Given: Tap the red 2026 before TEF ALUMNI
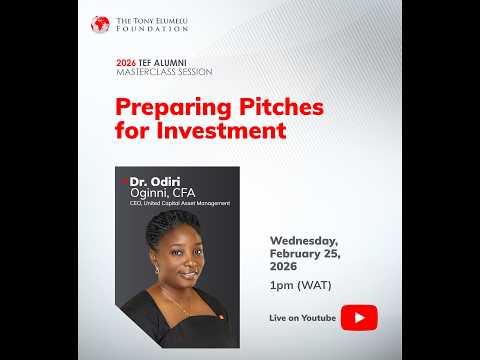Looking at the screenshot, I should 125,62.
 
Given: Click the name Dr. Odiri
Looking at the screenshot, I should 152,181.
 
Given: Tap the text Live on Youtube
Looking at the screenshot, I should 301,317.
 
